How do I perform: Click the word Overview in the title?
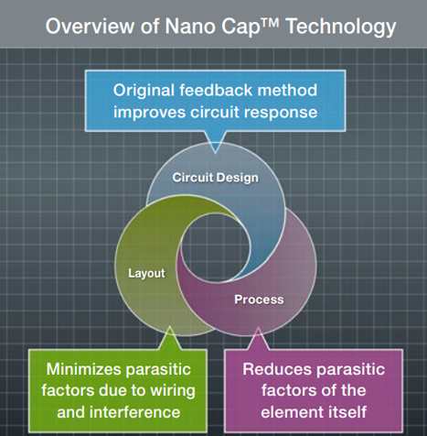click(84, 26)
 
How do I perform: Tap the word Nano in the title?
click(185, 26)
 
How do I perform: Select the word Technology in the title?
click(336, 26)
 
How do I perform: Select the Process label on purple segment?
click(259, 300)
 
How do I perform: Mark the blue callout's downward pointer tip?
click(214, 152)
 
